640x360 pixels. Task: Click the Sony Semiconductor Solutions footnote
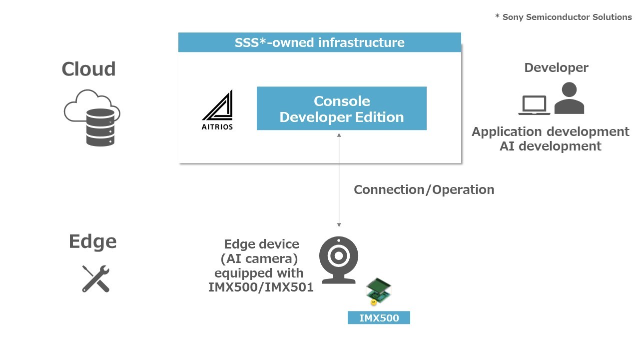pyautogui.click(x=564, y=17)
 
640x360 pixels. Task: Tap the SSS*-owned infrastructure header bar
pyautogui.click(x=319, y=42)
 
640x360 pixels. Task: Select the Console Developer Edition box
pyautogui.click(x=341, y=108)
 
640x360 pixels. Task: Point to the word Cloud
pyautogui.click(x=88, y=69)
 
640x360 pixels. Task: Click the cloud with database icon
pyautogui.click(x=92, y=117)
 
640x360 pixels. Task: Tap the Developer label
pyautogui.click(x=556, y=68)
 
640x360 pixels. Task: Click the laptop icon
pyautogui.click(x=534, y=105)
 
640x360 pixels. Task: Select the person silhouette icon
pyautogui.click(x=569, y=98)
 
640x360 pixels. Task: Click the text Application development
pyautogui.click(x=550, y=132)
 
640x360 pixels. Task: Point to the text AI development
pyautogui.click(x=550, y=146)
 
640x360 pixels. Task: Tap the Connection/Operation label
pyautogui.click(x=424, y=189)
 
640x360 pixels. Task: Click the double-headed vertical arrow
pyautogui.click(x=339, y=180)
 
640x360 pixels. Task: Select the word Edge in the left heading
pyautogui.click(x=92, y=241)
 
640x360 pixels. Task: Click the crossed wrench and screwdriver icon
pyautogui.click(x=96, y=279)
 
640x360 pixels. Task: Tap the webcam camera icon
pyautogui.click(x=339, y=260)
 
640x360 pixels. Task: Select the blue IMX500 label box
pyautogui.click(x=379, y=317)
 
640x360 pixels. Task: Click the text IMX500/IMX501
pyautogui.click(x=261, y=287)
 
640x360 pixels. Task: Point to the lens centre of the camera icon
pyautogui.click(x=339, y=255)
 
